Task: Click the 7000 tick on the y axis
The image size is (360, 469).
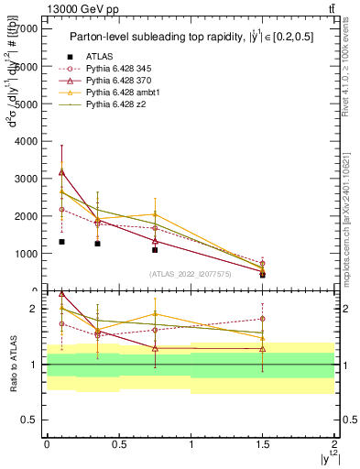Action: [29, 29]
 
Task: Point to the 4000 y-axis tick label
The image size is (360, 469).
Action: [29, 141]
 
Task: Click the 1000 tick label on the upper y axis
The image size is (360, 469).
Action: [29, 253]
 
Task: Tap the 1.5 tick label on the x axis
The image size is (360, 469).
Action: [263, 444]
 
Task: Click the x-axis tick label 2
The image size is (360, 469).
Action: [334, 444]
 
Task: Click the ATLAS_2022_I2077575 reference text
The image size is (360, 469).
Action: [190, 274]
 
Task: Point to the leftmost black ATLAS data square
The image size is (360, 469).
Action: [61, 242]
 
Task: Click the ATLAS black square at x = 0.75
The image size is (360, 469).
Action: [155, 249]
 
